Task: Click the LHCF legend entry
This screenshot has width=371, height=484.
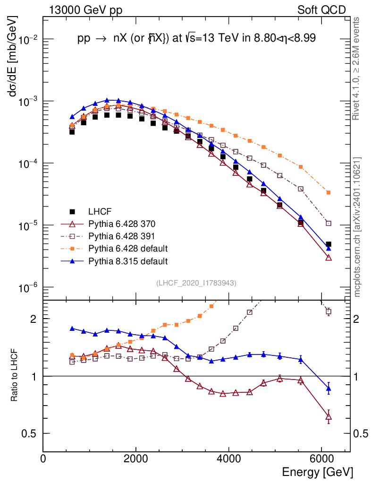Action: tap(99, 211)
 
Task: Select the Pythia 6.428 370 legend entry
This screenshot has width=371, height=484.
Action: tap(122, 223)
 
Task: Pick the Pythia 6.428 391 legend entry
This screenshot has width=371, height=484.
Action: tap(122, 235)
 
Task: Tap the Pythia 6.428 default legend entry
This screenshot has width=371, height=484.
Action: tap(128, 248)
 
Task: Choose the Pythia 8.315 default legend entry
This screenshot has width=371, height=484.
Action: tap(128, 260)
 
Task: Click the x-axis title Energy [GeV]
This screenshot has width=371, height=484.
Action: tap(317, 472)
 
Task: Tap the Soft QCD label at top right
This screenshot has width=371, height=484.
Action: tap(321, 10)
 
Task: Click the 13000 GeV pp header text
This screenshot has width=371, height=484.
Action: tap(85, 10)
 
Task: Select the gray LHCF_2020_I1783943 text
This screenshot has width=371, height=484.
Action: tap(196, 283)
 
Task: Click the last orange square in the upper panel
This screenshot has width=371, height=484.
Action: tap(328, 192)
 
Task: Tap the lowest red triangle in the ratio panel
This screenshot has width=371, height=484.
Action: tap(329, 417)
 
